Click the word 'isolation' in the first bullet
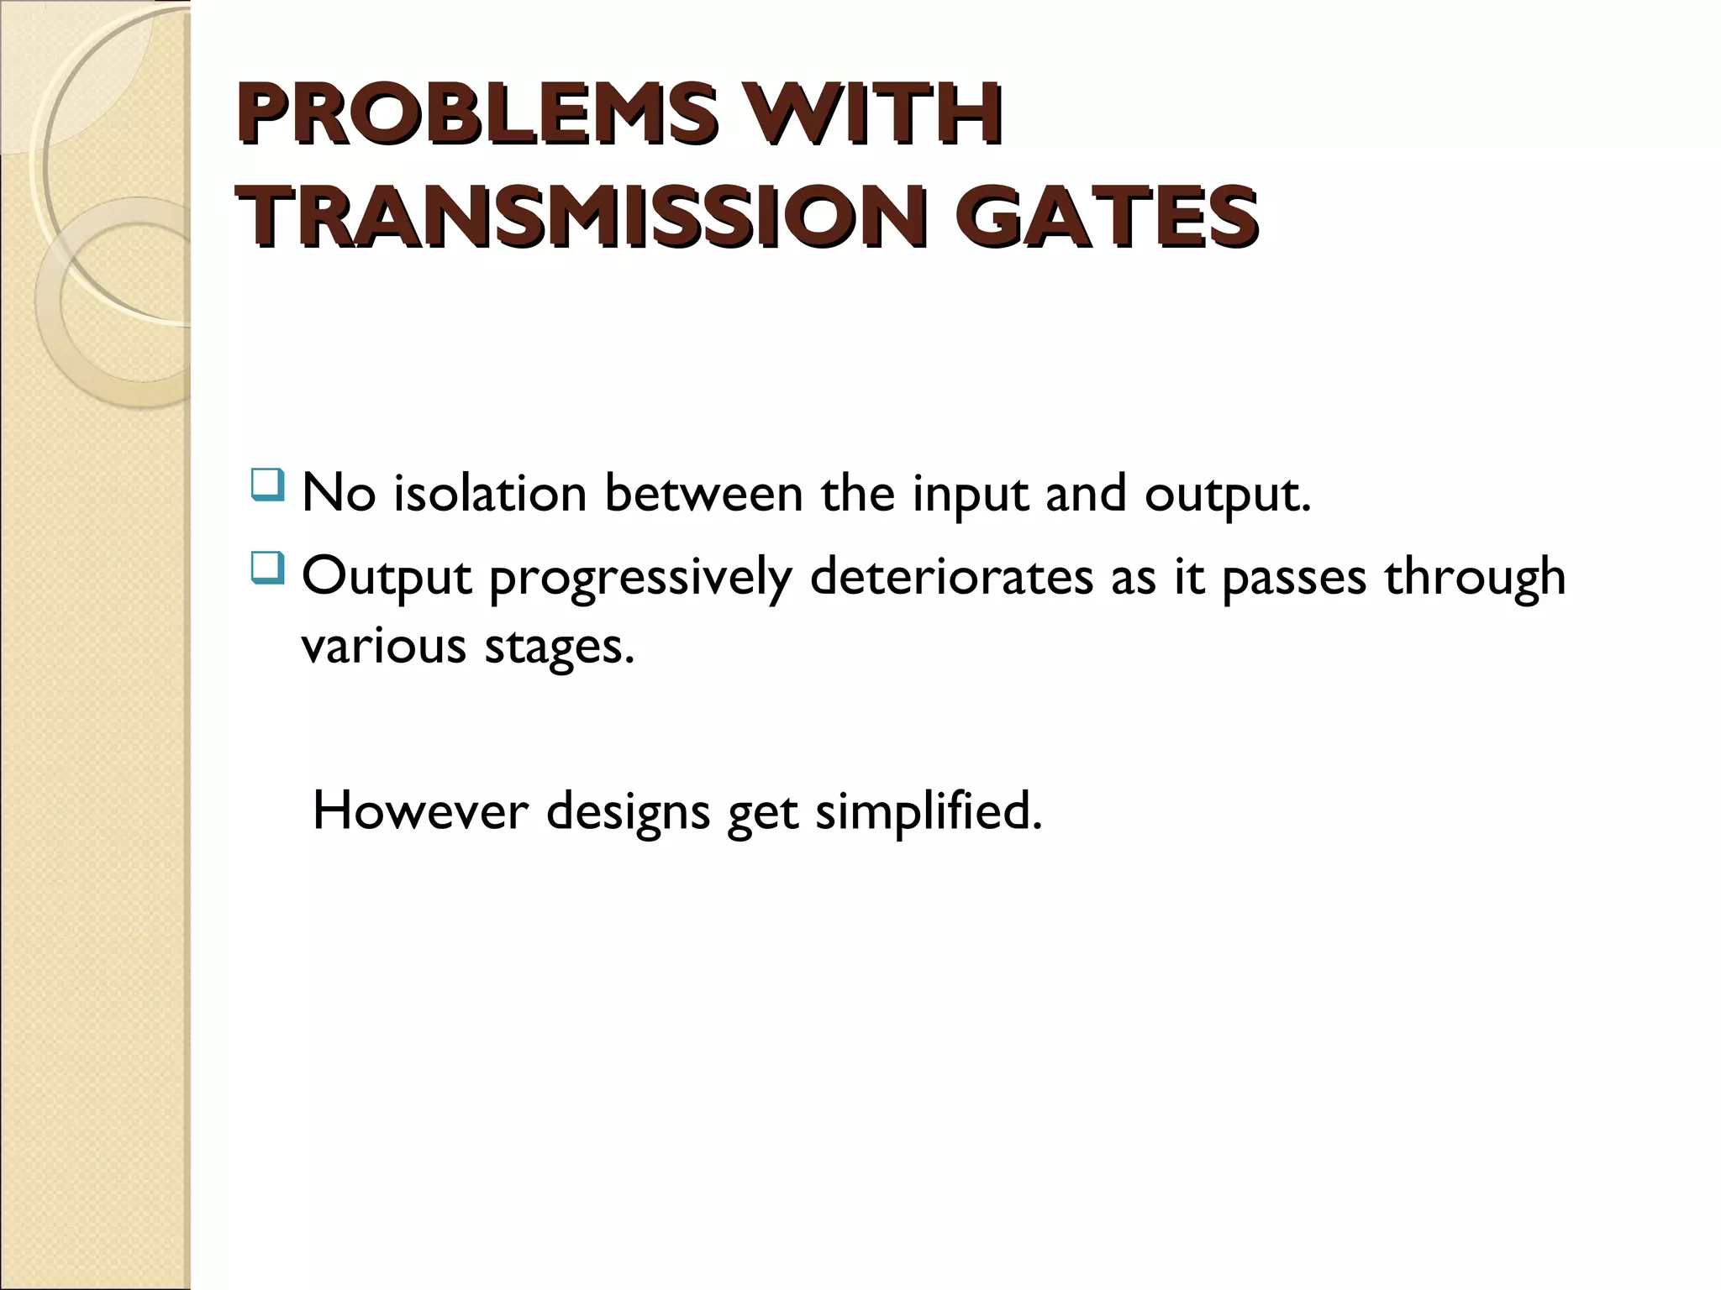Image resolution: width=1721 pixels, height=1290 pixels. [491, 494]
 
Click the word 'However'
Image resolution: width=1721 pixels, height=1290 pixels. [420, 811]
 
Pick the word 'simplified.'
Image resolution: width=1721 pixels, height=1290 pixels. [929, 813]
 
